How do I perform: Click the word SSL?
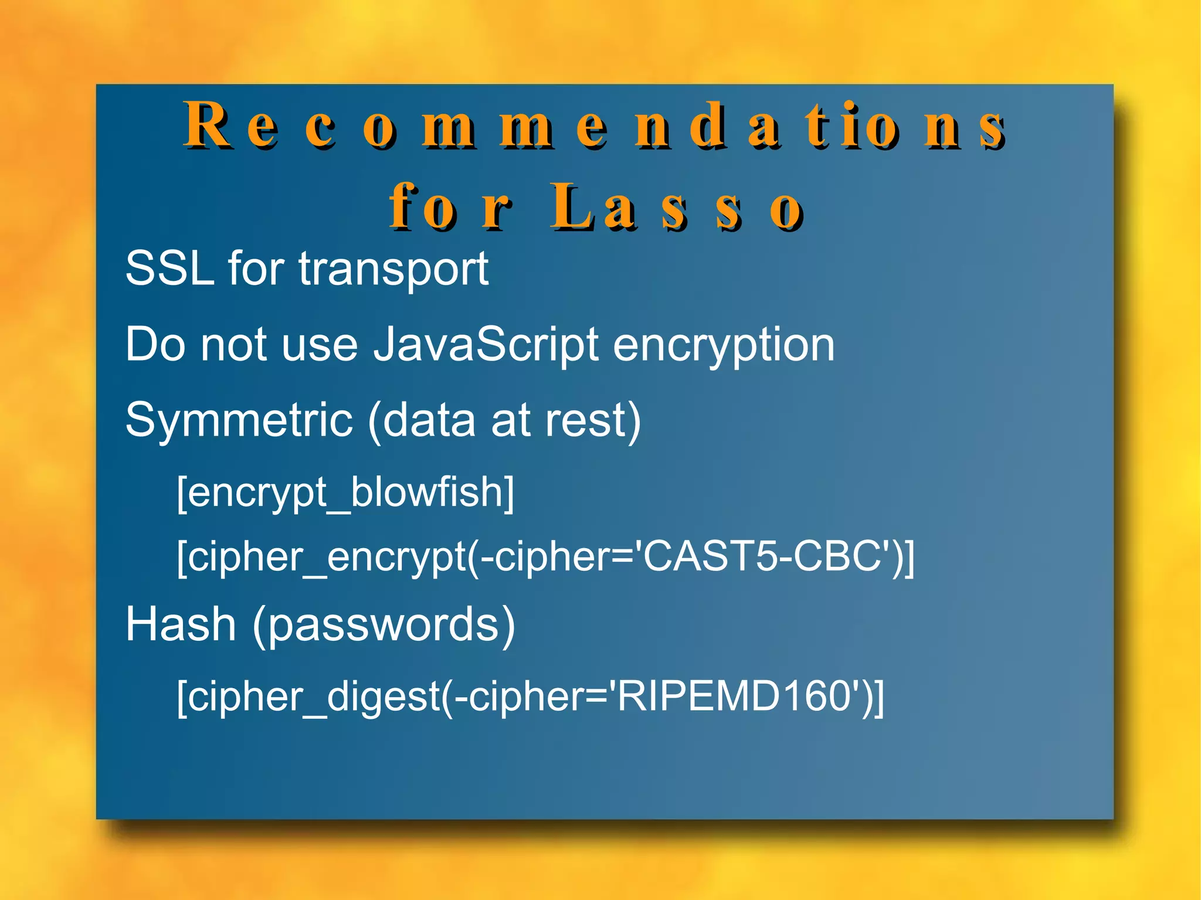point(169,269)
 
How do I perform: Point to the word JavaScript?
point(486,345)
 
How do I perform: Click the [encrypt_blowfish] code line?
point(345,492)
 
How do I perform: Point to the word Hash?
point(181,624)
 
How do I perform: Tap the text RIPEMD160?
point(733,696)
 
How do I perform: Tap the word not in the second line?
point(233,345)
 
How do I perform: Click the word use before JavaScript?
point(320,345)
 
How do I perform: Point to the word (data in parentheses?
point(421,420)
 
